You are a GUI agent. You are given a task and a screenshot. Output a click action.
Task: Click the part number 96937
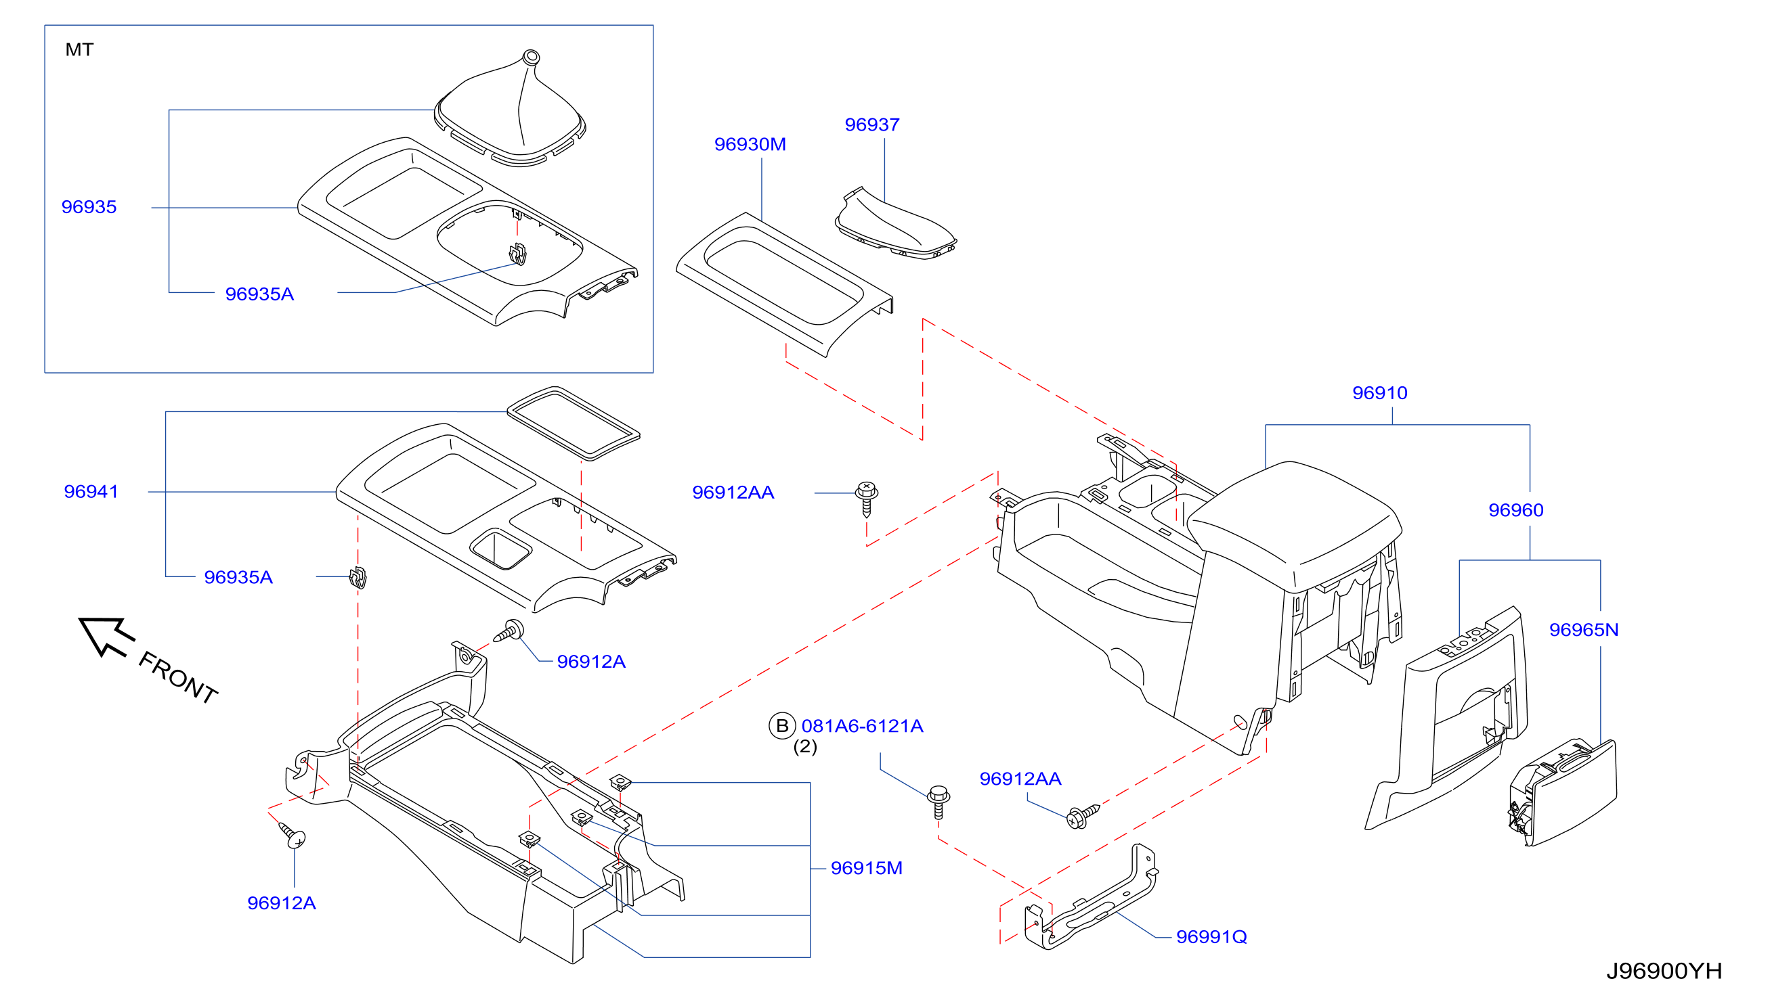pos(872,125)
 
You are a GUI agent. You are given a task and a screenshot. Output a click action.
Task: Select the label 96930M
pos(750,145)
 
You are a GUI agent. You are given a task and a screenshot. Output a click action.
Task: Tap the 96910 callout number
pos(1379,393)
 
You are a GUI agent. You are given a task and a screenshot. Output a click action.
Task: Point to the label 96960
pos(1515,511)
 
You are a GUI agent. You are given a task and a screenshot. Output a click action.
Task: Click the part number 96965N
pos(1584,630)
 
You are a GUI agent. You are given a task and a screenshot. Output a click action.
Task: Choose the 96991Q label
pos(1211,937)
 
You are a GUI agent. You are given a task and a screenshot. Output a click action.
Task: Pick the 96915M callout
pos(866,869)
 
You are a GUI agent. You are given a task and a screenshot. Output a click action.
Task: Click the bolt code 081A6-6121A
pos(862,726)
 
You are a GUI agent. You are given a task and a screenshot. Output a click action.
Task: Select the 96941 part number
pos(91,492)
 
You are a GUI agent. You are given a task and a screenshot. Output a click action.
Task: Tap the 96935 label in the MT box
pos(89,207)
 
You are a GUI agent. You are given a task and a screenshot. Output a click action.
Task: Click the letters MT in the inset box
pos(79,50)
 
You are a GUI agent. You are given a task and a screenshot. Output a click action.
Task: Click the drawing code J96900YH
pos(1664,972)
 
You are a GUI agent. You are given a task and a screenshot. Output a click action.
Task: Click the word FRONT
pos(178,677)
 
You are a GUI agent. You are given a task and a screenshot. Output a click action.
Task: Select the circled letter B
pos(782,726)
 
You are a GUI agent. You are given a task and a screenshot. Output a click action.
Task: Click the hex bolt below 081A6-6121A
pos(938,802)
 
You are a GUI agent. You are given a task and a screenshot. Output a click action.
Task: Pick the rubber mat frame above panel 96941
pos(574,424)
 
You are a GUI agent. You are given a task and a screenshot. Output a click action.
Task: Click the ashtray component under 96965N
pos(1563,793)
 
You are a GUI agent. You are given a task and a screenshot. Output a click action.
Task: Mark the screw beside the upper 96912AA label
pos(866,499)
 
